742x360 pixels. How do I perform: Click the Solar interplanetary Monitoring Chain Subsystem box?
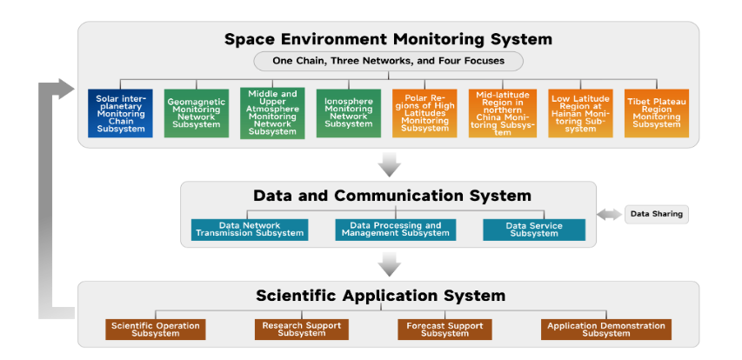(x=120, y=113)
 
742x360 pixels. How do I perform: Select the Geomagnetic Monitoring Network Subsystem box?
(x=197, y=113)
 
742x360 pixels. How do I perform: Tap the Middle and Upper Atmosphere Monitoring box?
(x=272, y=113)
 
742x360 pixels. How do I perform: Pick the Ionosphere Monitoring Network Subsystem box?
(x=348, y=113)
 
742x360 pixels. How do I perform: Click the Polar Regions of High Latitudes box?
(x=424, y=113)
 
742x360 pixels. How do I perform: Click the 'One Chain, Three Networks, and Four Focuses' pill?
(x=389, y=61)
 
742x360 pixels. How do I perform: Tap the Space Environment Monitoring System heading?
(x=389, y=39)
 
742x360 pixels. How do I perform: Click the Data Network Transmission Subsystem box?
(x=250, y=230)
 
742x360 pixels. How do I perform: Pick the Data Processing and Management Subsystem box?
(x=396, y=230)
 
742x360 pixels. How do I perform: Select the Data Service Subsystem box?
(x=534, y=230)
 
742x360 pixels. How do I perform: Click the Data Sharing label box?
(x=657, y=214)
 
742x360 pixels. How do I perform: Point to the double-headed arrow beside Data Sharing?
(x=610, y=214)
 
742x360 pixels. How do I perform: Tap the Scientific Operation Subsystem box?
(x=156, y=330)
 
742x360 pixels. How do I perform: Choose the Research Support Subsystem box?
(x=302, y=330)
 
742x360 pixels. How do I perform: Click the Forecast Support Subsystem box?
(x=445, y=330)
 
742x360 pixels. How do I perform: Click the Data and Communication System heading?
(x=392, y=196)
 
